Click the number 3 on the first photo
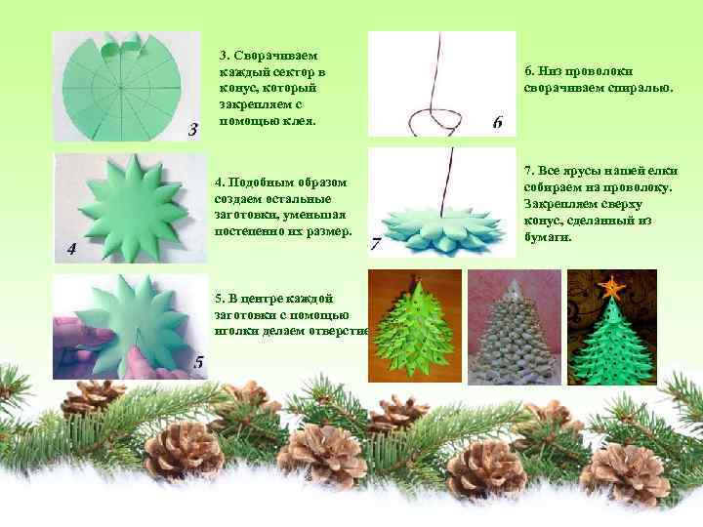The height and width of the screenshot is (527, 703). tap(192, 130)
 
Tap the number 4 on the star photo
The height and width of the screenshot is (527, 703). tap(71, 249)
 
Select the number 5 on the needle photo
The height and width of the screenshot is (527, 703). tap(199, 361)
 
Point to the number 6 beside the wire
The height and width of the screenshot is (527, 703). tap(498, 121)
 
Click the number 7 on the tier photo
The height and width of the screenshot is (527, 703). tap(376, 244)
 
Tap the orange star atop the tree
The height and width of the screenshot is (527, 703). tap(611, 286)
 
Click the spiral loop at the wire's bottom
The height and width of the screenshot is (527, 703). tap(434, 121)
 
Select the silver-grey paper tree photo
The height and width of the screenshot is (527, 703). tap(515, 327)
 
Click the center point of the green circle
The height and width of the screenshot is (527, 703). tap(121, 88)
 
